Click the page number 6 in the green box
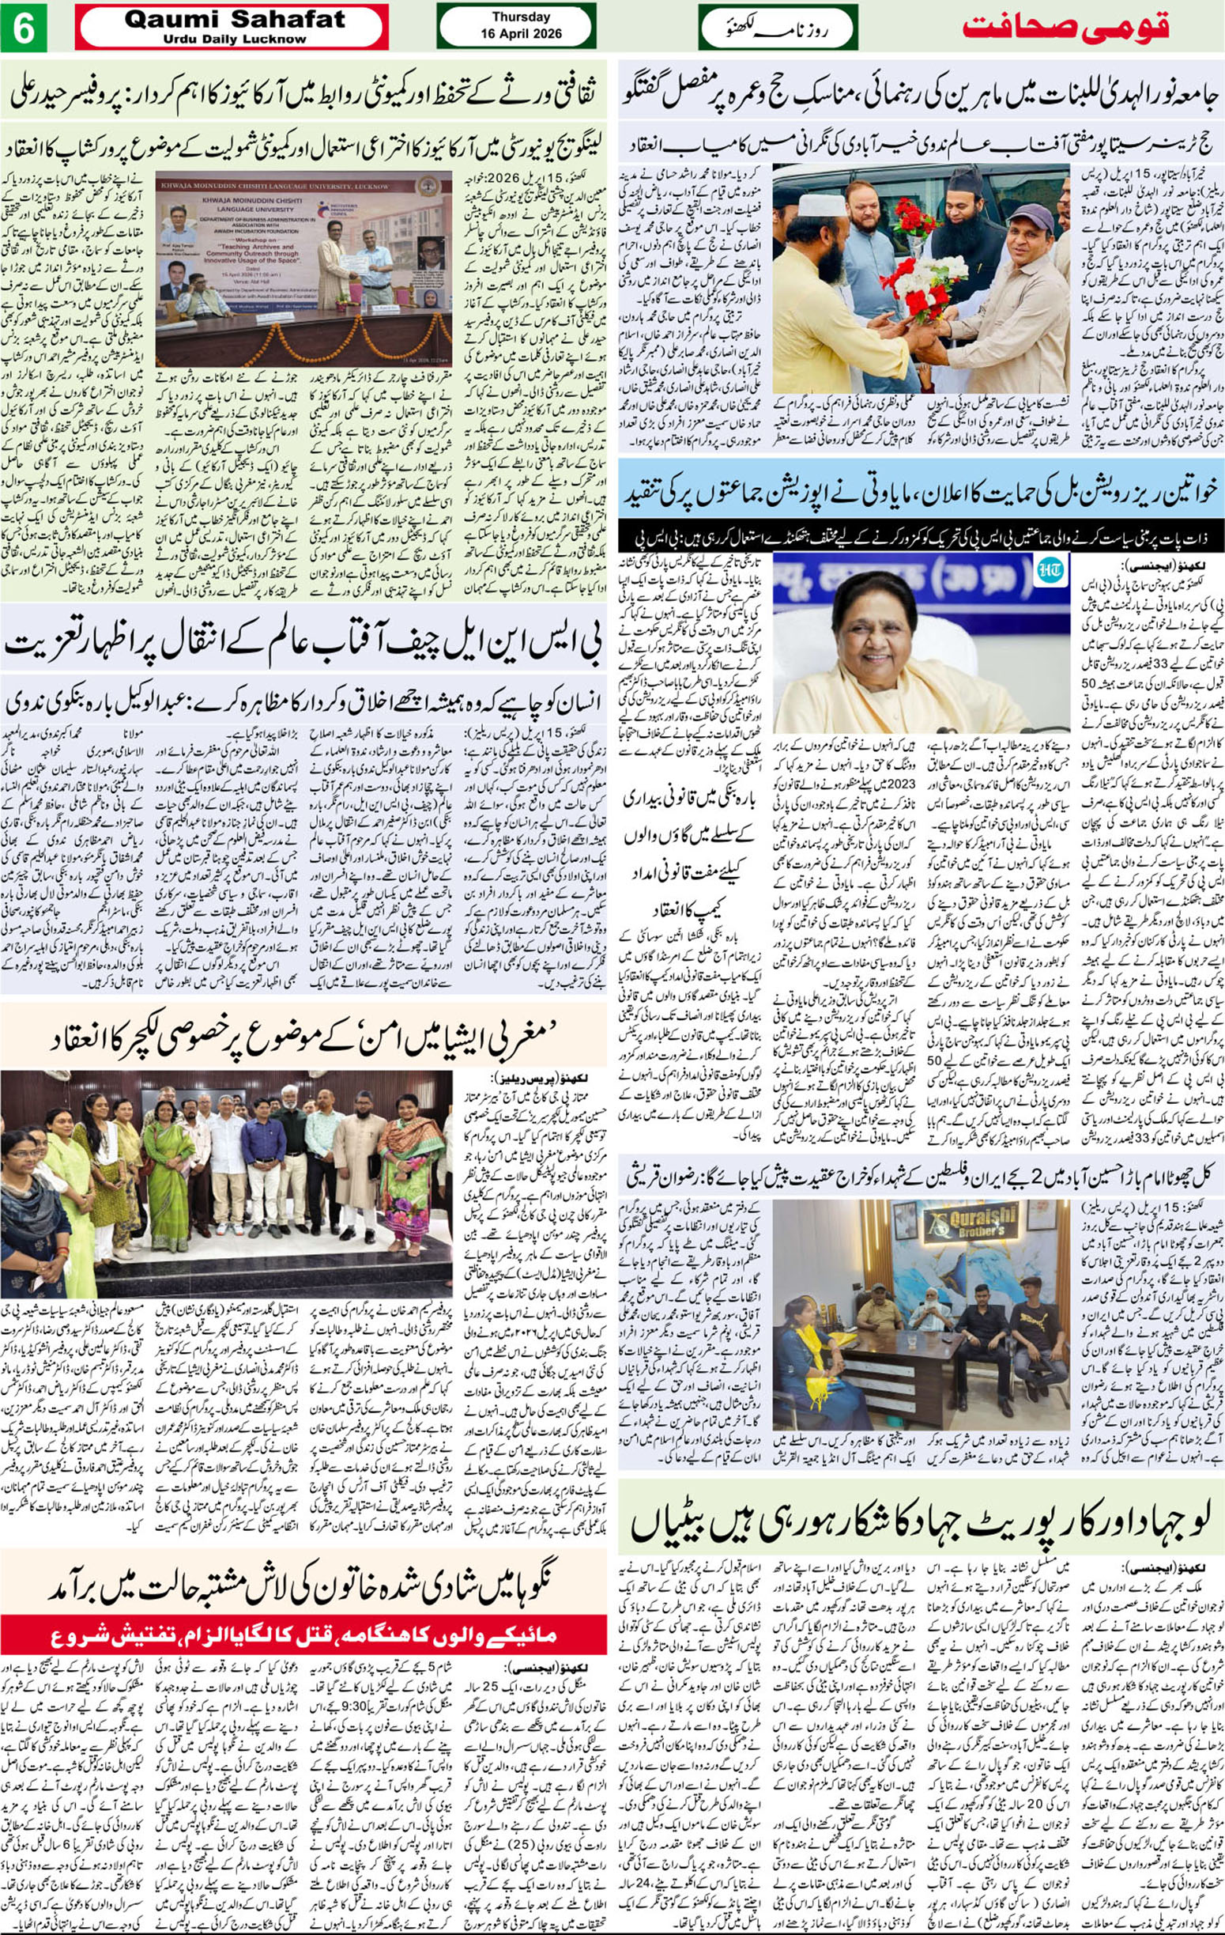click(x=23, y=28)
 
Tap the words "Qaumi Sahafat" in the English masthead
click(x=235, y=19)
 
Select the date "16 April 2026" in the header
click(x=522, y=34)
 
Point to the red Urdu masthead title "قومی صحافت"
click(x=1065, y=27)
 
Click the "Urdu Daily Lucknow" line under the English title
click(x=235, y=39)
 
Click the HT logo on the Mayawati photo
click(x=1048, y=569)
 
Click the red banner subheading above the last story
click(x=303, y=1634)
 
